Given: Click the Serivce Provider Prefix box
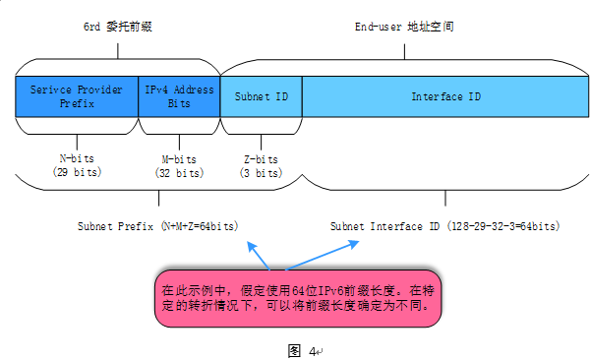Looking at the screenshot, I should tap(77, 96).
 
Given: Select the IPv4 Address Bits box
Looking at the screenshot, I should tap(180, 96).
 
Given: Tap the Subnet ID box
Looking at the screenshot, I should tap(261, 96).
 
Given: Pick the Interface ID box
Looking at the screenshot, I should tap(445, 96).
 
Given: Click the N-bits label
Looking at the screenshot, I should tap(77, 158).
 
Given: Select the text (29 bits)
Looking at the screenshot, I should tap(77, 172).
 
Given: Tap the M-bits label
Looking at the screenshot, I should tap(178, 158).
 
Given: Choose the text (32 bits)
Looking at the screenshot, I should tap(178, 172).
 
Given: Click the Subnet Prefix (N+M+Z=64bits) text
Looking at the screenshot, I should tap(164, 226).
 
